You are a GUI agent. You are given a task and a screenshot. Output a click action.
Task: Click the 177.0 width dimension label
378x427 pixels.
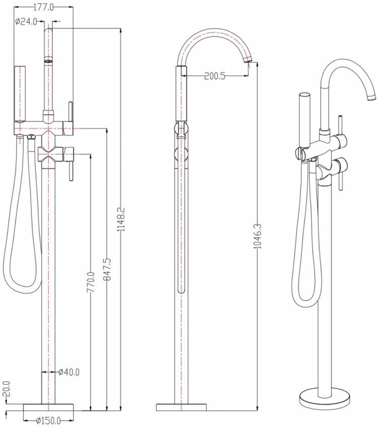pyautogui.click(x=43, y=8)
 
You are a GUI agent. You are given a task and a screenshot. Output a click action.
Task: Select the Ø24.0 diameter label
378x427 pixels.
pyautogui.click(x=26, y=22)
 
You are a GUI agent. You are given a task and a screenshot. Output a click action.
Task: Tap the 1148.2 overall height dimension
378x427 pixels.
pyautogui.click(x=120, y=219)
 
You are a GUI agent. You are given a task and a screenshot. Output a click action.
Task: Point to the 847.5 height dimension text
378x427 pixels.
pyautogui.click(x=107, y=269)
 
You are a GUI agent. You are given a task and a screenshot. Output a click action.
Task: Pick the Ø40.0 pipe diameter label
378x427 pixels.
pyautogui.click(x=69, y=372)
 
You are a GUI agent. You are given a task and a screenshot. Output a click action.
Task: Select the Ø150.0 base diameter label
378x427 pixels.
pyautogui.click(x=48, y=420)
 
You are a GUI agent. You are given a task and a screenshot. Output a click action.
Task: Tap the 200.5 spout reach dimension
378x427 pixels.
pyautogui.click(x=215, y=76)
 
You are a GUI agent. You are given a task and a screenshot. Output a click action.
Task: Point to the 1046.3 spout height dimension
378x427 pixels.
pyautogui.click(x=258, y=236)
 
